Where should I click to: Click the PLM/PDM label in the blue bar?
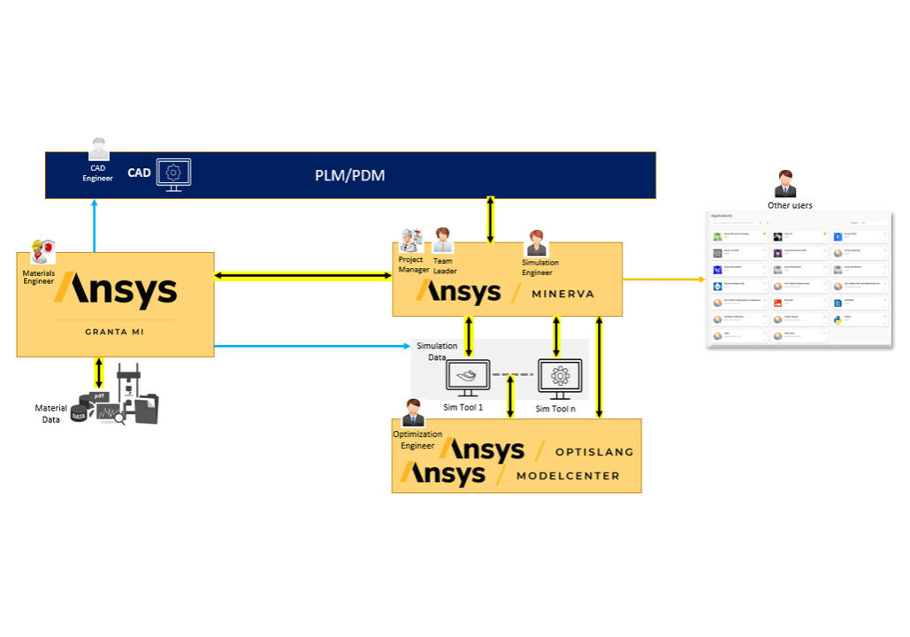tap(350, 175)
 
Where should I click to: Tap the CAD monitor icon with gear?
tap(173, 174)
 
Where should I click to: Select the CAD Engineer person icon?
tap(98, 150)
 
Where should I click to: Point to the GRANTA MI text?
tap(115, 333)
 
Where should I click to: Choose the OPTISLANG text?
tap(594, 451)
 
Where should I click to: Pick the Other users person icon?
tap(784, 184)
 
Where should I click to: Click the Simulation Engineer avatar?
tap(536, 242)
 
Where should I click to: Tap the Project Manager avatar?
tap(410, 240)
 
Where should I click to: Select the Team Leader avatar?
tap(442, 240)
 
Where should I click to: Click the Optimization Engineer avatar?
tap(412, 412)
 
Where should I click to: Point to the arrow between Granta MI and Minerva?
tap(303, 277)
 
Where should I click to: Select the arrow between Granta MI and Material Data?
tap(98, 372)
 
